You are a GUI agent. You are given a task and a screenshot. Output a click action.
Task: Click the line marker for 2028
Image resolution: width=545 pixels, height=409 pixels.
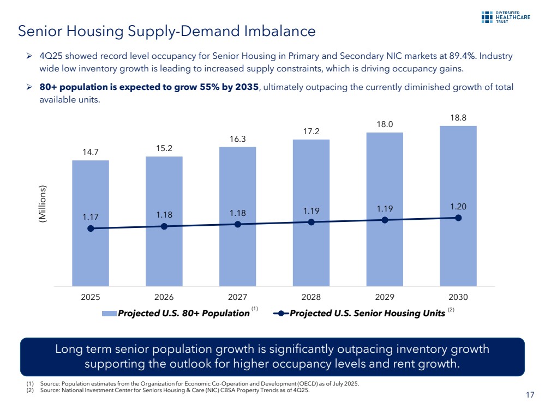click(x=311, y=222)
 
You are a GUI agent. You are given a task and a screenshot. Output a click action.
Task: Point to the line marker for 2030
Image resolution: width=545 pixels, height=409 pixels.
click(x=458, y=218)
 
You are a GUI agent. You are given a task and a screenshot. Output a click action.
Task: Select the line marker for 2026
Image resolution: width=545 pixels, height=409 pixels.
click(x=164, y=226)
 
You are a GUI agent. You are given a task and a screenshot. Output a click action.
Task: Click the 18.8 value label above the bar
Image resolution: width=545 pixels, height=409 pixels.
click(x=458, y=117)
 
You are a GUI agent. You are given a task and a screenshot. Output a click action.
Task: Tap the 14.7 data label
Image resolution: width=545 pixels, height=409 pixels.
click(x=91, y=152)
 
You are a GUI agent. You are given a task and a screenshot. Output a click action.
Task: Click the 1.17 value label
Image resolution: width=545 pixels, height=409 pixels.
click(x=91, y=218)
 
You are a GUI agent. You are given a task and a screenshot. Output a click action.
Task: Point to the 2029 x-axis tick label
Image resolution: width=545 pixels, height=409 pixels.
click(x=385, y=298)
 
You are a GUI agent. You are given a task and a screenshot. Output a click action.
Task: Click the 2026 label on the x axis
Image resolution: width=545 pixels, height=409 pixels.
click(x=164, y=298)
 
